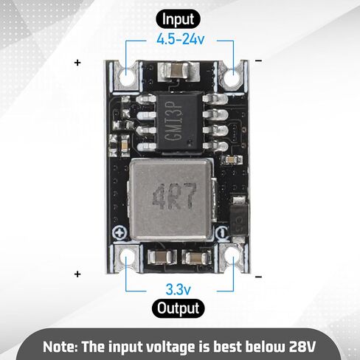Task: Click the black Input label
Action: [x=178, y=19]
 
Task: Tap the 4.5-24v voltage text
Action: [x=181, y=39]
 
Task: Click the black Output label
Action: [x=179, y=308]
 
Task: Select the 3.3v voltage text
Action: [x=179, y=289]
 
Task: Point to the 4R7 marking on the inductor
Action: [x=175, y=196]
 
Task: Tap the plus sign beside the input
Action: [x=77, y=63]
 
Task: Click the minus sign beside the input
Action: [x=259, y=60]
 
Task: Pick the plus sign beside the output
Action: [x=77, y=274]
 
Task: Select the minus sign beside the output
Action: [x=259, y=277]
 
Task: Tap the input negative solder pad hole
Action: [x=232, y=78]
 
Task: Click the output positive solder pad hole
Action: [x=126, y=257]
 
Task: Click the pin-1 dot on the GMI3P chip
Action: [x=190, y=142]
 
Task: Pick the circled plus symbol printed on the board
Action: [x=120, y=232]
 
